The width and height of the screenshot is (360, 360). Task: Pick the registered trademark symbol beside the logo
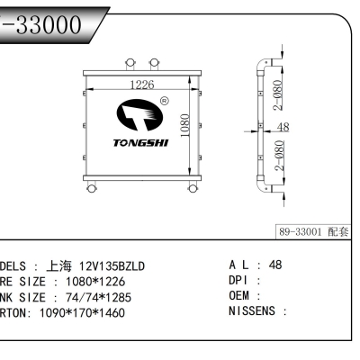coord(163,102)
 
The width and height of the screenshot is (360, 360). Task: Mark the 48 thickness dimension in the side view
coord(282,128)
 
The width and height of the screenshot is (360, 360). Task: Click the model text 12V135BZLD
coord(109,266)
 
